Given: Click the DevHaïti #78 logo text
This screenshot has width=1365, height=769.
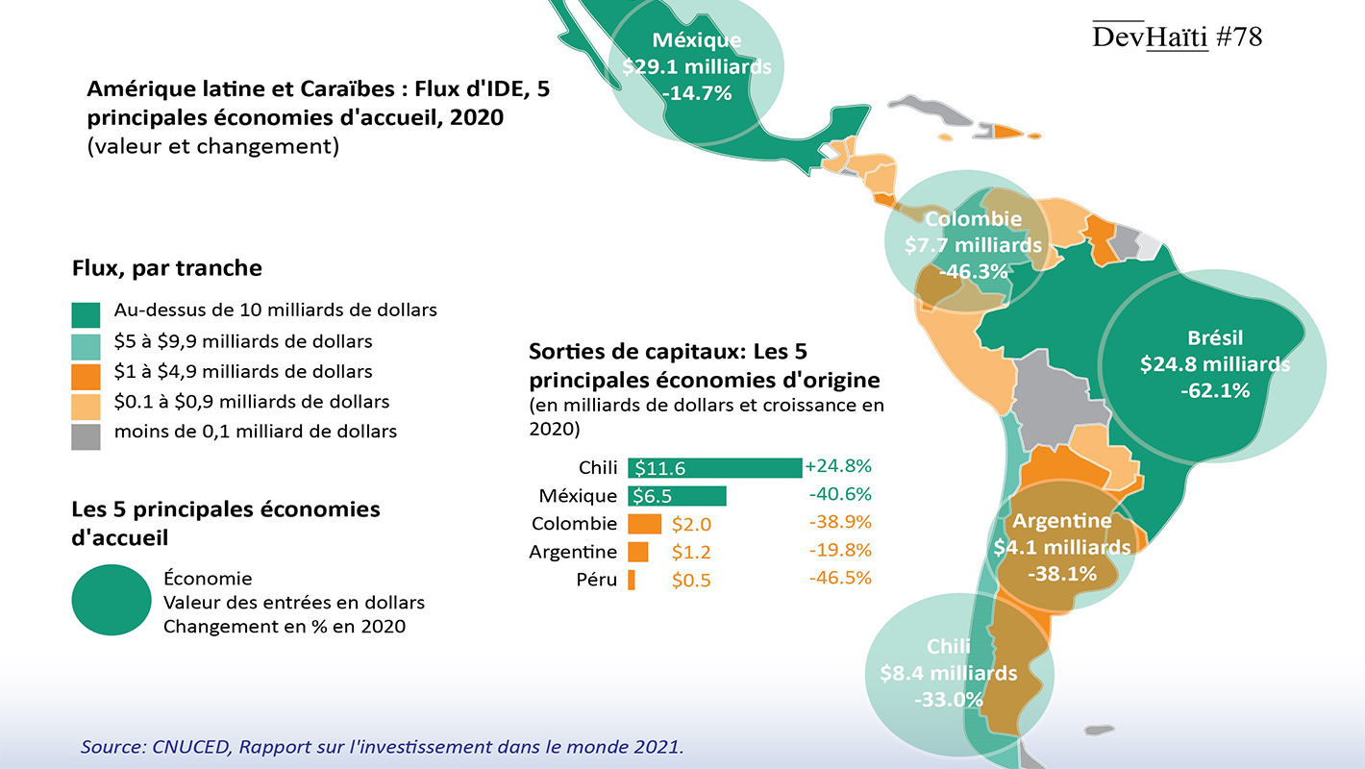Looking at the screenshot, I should pyautogui.click(x=1177, y=37).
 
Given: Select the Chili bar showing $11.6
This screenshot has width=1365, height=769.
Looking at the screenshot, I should pyautogui.click(x=714, y=468).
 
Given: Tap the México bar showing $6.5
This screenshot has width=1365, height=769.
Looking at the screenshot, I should pyautogui.click(x=677, y=496).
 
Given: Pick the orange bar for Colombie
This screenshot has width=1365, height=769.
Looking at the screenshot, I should pyautogui.click(x=644, y=524).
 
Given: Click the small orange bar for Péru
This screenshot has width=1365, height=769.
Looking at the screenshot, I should pyautogui.click(x=632, y=580).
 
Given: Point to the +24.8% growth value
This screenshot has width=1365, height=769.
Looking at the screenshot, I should pyautogui.click(x=838, y=466).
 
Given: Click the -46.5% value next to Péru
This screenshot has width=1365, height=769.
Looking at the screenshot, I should pyautogui.click(x=840, y=578).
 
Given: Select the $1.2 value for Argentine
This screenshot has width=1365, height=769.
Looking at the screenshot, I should pyautogui.click(x=689, y=553).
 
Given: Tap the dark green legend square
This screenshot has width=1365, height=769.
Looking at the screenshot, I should pyautogui.click(x=86, y=312).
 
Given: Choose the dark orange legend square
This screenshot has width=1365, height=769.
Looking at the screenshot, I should pyautogui.click(x=86, y=374).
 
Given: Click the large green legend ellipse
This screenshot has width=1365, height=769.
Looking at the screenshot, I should pyautogui.click(x=112, y=599).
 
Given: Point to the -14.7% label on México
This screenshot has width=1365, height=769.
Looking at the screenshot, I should pyautogui.click(x=697, y=93).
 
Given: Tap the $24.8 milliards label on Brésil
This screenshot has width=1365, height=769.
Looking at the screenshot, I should pyautogui.click(x=1215, y=364).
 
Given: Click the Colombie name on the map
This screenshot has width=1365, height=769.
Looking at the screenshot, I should pyautogui.click(x=973, y=219).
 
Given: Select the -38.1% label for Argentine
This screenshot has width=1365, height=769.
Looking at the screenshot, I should pyautogui.click(x=1061, y=574).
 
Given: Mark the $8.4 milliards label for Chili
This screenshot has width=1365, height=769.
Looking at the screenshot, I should pyautogui.click(x=948, y=672).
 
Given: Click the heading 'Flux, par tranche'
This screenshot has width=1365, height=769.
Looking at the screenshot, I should pyautogui.click(x=166, y=267).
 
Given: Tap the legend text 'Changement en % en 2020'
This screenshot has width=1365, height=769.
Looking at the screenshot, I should pyautogui.click(x=284, y=627).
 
